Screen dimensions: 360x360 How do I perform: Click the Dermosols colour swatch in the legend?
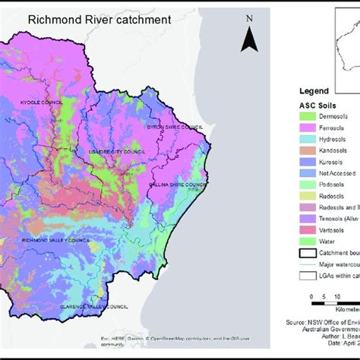click(x=309, y=115)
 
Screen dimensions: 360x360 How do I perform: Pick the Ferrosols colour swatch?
click(x=309, y=128)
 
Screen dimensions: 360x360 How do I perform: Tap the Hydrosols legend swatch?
click(x=309, y=141)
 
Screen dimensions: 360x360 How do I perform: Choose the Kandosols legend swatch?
click(x=309, y=154)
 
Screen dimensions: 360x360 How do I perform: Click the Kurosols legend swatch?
click(x=309, y=167)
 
